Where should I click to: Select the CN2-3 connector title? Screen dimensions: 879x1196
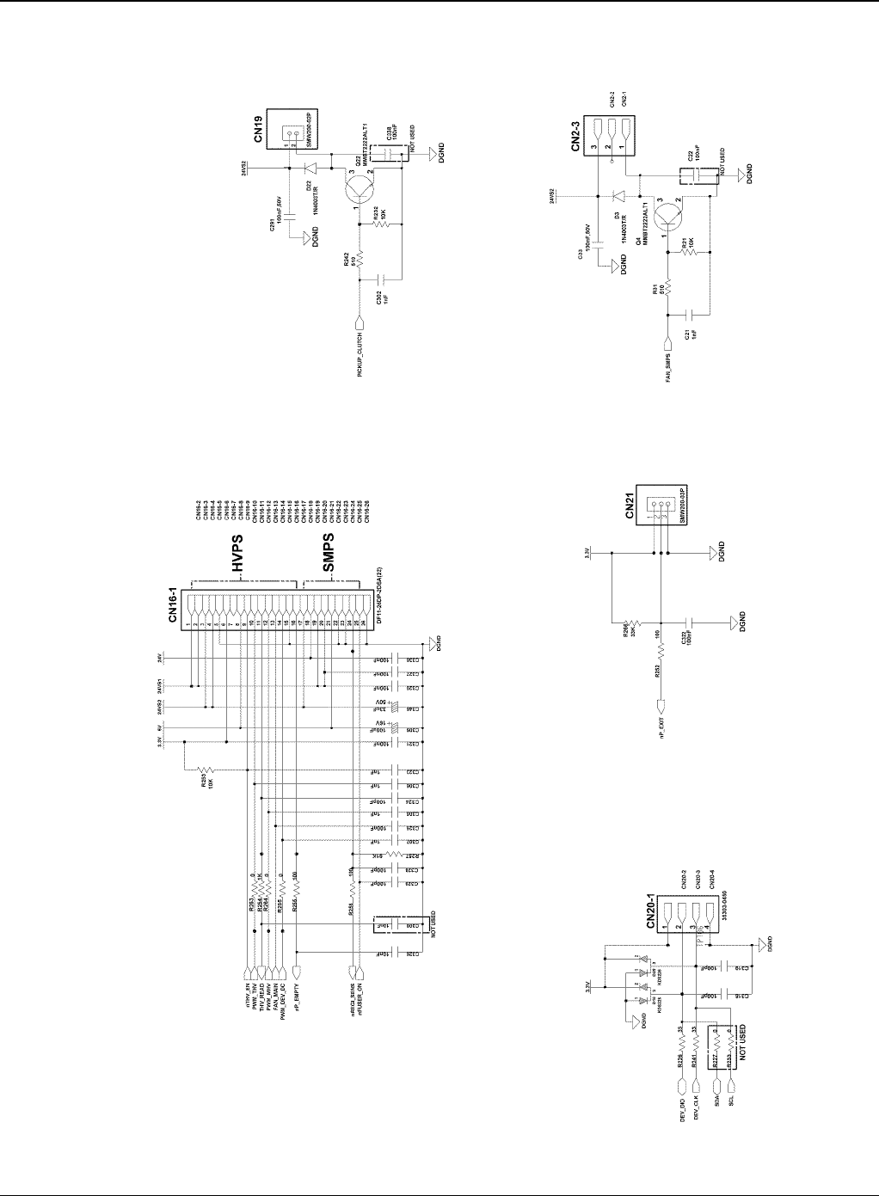click(x=578, y=134)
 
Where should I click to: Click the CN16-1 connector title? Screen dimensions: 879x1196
click(x=173, y=606)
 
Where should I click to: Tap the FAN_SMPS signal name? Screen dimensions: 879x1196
click(x=667, y=366)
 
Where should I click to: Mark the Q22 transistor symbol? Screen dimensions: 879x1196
click(x=358, y=191)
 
